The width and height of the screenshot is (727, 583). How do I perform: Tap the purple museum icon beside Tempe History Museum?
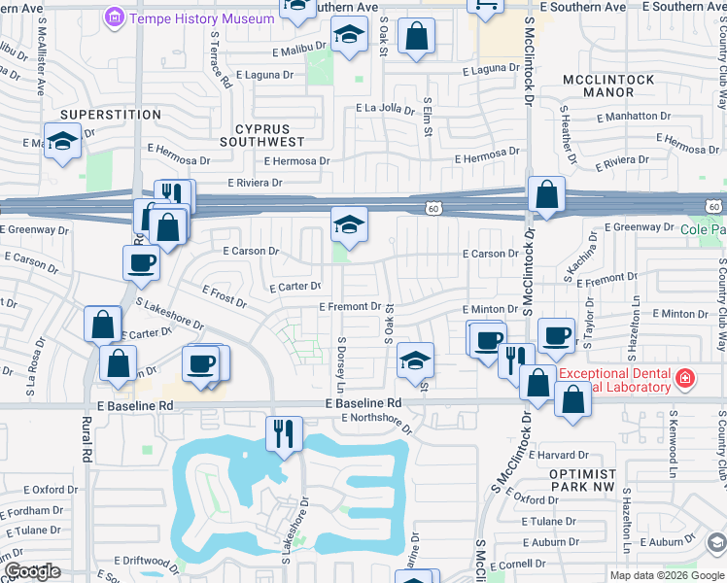pos(115,18)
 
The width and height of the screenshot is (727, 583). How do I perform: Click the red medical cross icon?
pos(685,376)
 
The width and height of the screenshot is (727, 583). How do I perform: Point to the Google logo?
pos(32,571)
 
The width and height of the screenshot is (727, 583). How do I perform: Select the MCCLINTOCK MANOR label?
pos(609,86)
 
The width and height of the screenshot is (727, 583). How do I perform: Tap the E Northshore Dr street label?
pos(377,421)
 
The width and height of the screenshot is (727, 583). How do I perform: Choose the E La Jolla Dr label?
pos(385,108)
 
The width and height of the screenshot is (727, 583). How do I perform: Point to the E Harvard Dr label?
pos(558,455)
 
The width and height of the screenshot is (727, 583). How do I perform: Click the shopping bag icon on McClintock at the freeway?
pos(546,195)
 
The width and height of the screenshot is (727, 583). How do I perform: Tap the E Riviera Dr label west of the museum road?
pos(255,182)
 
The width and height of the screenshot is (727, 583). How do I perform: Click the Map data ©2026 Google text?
pos(666,575)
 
